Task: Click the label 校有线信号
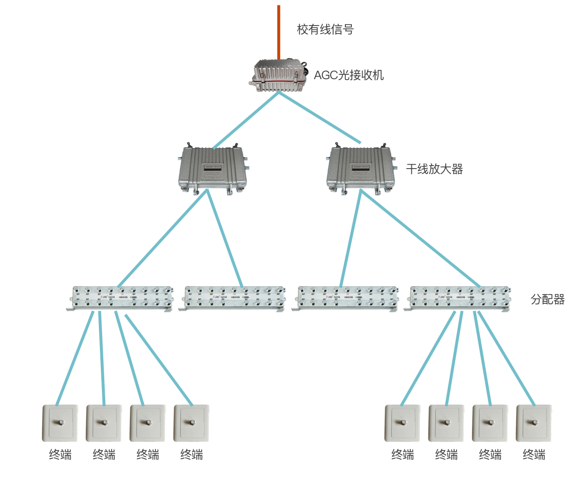pyautogui.click(x=325, y=29)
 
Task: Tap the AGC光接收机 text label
pyautogui.click(x=348, y=75)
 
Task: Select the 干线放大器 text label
pyautogui.click(x=434, y=170)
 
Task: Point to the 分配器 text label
pyautogui.click(x=547, y=299)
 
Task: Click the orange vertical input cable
pyautogui.click(x=278, y=32)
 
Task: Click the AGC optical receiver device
pyautogui.click(x=278, y=76)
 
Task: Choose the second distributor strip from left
pyautogui.click(x=233, y=298)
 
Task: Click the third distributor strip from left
pyautogui.click(x=346, y=298)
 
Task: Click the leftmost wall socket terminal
pyautogui.click(x=60, y=423)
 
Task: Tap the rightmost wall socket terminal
pyautogui.click(x=534, y=423)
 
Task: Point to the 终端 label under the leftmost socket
pyautogui.click(x=60, y=455)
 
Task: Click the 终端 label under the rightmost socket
pyautogui.click(x=534, y=455)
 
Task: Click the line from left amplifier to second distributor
pyautogui.click(x=225, y=238)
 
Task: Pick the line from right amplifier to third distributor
pyautogui.click(x=351, y=238)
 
